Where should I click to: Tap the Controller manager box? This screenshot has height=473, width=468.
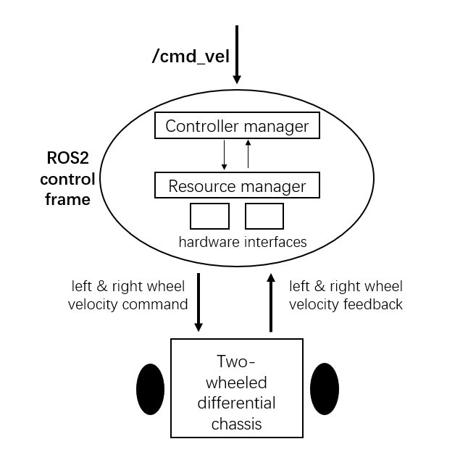[x=237, y=126]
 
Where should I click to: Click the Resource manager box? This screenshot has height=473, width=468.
[x=237, y=185]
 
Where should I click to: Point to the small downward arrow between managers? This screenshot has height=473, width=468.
[x=225, y=155]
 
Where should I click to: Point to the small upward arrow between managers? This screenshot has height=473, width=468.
[x=248, y=155]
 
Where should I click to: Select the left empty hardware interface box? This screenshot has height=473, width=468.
[x=209, y=216]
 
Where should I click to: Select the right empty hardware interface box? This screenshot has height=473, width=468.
[x=264, y=216]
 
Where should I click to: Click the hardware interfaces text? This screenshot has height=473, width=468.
[x=243, y=242]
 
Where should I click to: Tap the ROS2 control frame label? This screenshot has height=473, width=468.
[x=67, y=178]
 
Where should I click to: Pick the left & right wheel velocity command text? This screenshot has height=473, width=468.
[x=128, y=296]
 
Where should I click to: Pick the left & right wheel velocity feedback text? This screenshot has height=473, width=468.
[x=346, y=296]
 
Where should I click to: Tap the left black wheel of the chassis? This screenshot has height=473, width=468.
[x=151, y=389]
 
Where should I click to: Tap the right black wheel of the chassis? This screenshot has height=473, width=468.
[x=325, y=389]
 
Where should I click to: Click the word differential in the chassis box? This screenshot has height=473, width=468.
[x=236, y=403]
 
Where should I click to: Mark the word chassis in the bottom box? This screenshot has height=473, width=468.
[x=236, y=424]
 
